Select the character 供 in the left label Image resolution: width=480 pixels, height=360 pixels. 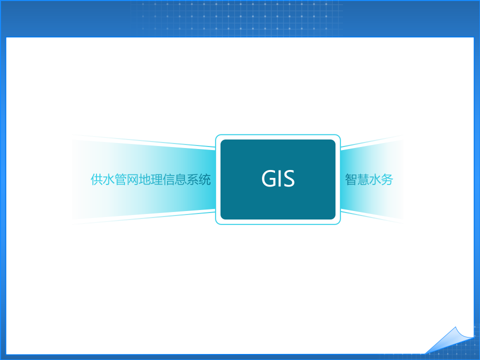pyautogui.click(x=97, y=180)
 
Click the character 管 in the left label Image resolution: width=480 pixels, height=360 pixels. pyautogui.click(x=121, y=180)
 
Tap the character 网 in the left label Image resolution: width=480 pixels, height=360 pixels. pyautogui.click(x=133, y=180)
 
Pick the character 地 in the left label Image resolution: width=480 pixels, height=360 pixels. pyautogui.click(x=145, y=180)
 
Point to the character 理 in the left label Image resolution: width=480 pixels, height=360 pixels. pyautogui.click(x=157, y=180)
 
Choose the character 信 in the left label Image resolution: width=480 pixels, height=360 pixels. pyautogui.click(x=169, y=180)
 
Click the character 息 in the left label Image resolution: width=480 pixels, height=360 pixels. pyautogui.click(x=181, y=180)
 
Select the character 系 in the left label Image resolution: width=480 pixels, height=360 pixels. pyautogui.click(x=193, y=180)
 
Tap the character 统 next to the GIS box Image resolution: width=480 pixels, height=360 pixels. pyautogui.click(x=205, y=180)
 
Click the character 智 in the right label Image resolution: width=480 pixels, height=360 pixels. pyautogui.click(x=351, y=180)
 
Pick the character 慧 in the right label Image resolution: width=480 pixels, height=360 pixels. pyautogui.click(x=363, y=180)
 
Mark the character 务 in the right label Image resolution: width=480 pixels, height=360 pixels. pyautogui.click(x=387, y=180)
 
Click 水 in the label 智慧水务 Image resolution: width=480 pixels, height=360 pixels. pyautogui.click(x=375, y=180)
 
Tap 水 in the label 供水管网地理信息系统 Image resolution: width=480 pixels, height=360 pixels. pyautogui.click(x=109, y=180)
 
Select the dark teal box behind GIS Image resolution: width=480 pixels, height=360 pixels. pyautogui.click(x=277, y=205)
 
